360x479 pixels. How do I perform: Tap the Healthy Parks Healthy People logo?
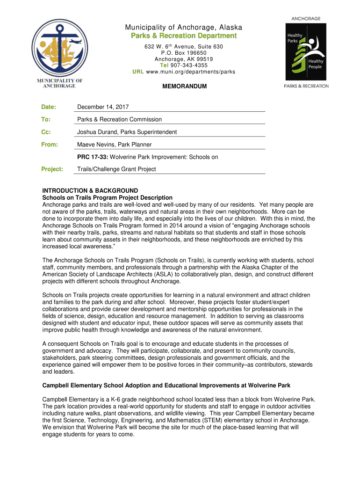(x=306, y=51)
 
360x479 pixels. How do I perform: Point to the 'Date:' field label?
(x=49, y=107)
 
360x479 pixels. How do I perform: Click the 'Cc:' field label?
(x=46, y=132)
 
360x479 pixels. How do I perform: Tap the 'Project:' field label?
(x=52, y=169)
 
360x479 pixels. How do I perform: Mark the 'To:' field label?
(x=46, y=119)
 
